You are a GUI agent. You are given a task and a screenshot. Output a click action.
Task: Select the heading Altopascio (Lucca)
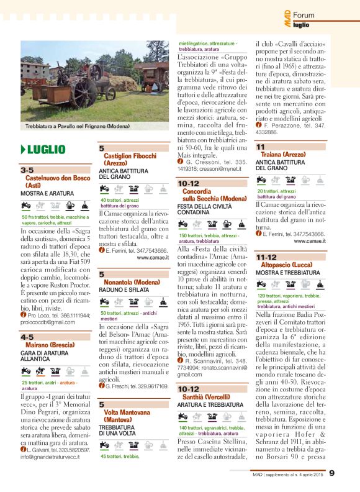pyautogui.click(x=288, y=264)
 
